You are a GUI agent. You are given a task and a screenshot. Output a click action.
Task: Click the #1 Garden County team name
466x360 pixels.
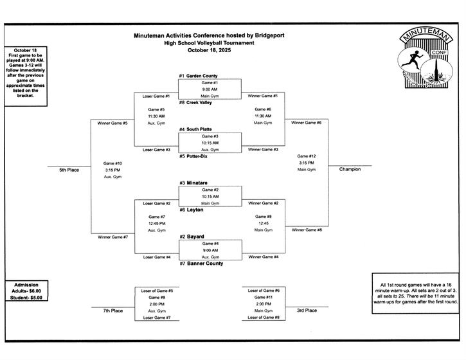point(199,76)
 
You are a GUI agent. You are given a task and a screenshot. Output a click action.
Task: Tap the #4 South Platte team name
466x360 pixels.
point(197,129)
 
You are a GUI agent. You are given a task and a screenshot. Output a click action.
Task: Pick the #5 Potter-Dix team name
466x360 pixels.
point(195,156)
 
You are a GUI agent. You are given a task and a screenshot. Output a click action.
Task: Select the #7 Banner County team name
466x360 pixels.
point(201,264)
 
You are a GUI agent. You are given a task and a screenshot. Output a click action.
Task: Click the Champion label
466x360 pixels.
point(350,170)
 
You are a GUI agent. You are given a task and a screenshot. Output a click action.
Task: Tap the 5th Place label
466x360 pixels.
point(69,170)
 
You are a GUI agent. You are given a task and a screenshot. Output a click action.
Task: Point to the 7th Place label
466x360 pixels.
point(113,310)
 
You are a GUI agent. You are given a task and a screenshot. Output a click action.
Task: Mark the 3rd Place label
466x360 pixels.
point(306,310)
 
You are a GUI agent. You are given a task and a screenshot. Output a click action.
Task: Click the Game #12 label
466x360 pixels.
point(307,156)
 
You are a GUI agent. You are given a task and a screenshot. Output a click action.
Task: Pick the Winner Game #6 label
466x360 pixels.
point(307,122)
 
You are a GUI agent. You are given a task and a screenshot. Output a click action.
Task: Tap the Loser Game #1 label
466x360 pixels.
point(156,96)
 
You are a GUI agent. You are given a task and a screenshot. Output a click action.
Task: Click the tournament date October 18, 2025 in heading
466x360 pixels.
point(209,50)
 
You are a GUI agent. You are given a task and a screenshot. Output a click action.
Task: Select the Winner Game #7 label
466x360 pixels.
point(112,237)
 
